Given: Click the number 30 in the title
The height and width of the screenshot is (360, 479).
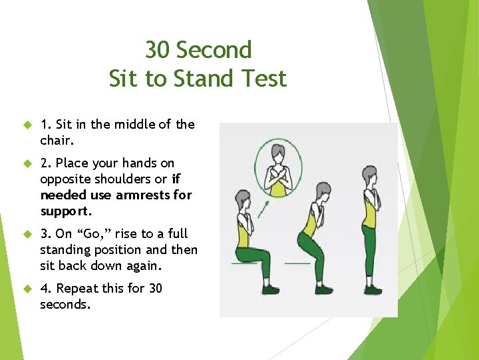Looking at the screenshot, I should coord(158,50).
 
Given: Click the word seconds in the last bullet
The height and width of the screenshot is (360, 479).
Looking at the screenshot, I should coord(65,304).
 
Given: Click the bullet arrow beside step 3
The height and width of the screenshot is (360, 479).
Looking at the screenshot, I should coord(27,234).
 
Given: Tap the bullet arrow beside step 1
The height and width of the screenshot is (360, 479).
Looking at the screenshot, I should coord(27,124).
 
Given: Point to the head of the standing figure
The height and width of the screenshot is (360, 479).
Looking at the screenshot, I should coord(369,177).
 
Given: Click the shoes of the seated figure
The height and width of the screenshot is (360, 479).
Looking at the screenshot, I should coord(269,289).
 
